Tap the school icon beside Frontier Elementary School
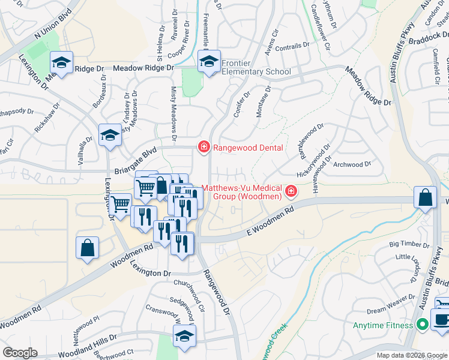pyautogui.click(x=209, y=62)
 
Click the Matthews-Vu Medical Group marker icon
pyautogui.click(x=291, y=191)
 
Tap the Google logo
pyautogui.click(x=20, y=353)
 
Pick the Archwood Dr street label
pyautogui.click(x=348, y=164)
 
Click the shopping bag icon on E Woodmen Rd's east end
pyautogui.click(x=425, y=198)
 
